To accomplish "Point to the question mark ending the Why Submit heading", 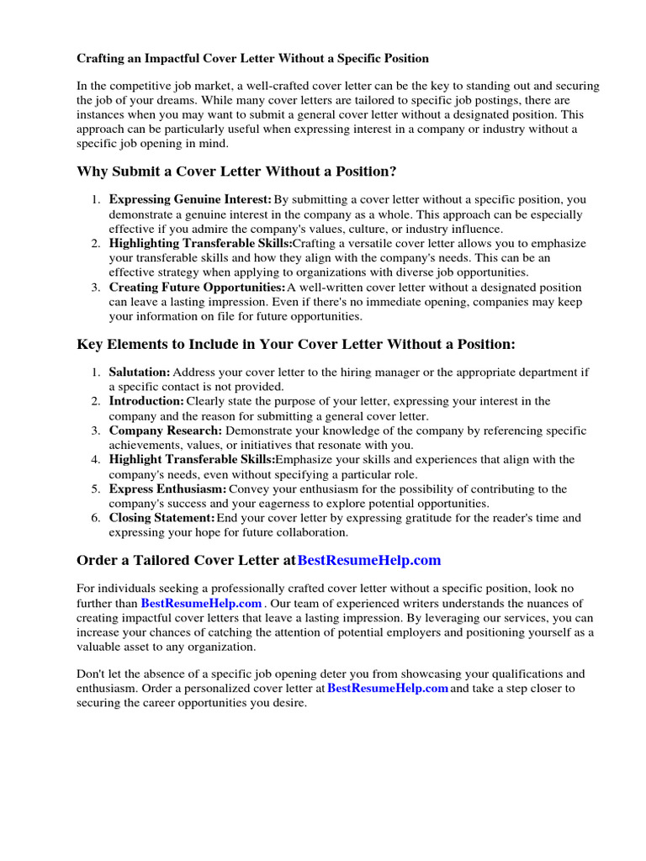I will (393, 172).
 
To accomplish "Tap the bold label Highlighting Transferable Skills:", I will (200, 244).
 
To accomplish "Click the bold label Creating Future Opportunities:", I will (198, 288).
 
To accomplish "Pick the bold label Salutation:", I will (140, 372).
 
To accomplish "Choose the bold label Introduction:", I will (146, 401).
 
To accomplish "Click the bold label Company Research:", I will (166, 430).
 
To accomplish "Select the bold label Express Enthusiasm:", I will (167, 489).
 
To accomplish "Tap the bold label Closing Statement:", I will (161, 518).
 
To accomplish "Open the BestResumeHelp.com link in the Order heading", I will (369, 560).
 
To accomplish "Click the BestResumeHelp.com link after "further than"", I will (202, 604).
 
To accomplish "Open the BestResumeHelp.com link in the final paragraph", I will (387, 688).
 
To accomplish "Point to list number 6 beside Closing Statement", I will (96, 518).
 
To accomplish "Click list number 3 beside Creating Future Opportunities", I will (96, 288).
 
